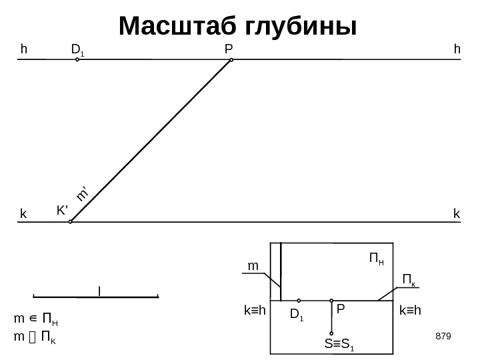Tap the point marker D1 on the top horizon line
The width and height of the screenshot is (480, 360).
click(x=77, y=59)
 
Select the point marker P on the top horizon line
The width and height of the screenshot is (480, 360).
click(x=231, y=60)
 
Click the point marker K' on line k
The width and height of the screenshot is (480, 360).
click(x=71, y=222)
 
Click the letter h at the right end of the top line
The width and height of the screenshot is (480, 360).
click(x=457, y=49)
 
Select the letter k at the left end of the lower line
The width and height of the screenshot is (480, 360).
click(x=23, y=215)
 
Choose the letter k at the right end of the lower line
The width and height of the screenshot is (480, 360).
click(x=457, y=214)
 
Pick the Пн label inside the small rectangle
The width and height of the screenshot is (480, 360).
click(x=377, y=257)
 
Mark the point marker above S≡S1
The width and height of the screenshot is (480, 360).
click(x=331, y=333)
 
